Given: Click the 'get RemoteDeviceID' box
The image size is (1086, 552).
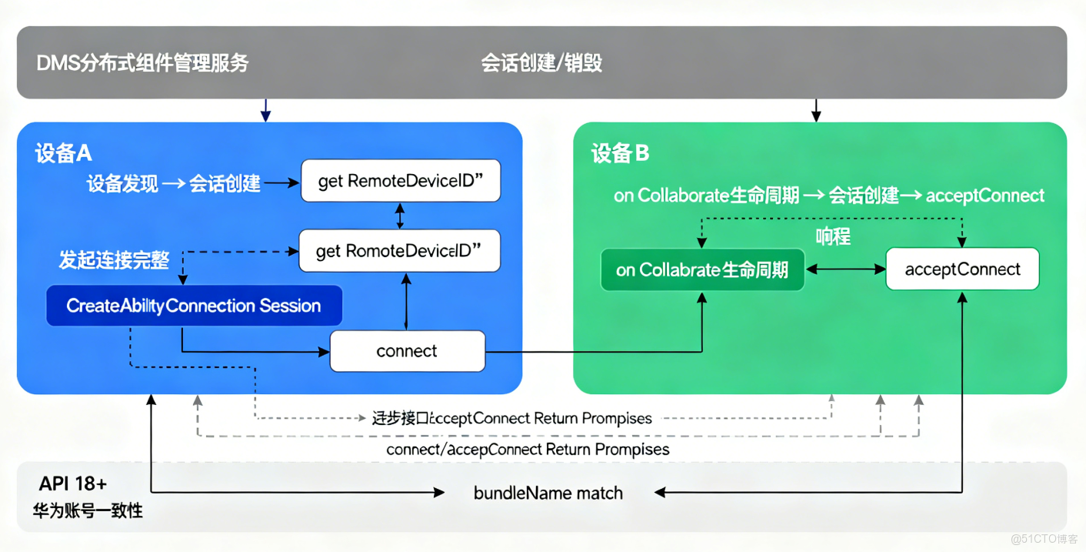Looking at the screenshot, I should click(x=401, y=182).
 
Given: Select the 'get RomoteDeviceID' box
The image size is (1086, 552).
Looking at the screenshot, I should click(x=399, y=251).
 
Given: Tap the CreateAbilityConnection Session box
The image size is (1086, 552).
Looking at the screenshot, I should click(x=194, y=306).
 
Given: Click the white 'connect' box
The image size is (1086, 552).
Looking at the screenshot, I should click(x=408, y=351).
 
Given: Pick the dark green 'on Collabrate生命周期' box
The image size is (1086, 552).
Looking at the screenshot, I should click(x=702, y=269).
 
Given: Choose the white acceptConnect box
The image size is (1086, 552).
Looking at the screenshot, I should click(x=962, y=269).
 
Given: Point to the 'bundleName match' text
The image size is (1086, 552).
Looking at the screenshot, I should click(x=548, y=493).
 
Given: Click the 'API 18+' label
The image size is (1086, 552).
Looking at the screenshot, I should click(x=73, y=483).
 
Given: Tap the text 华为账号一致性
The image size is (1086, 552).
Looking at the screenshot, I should click(x=88, y=510).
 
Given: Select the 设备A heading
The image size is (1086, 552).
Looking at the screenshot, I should click(x=63, y=154).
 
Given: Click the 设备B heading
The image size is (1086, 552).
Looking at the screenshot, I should click(x=620, y=154).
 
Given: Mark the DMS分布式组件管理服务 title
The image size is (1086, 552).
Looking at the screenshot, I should click(x=143, y=63).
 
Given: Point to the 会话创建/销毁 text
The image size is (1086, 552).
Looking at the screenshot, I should click(x=541, y=63).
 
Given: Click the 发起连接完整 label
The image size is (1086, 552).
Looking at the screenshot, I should click(x=114, y=259).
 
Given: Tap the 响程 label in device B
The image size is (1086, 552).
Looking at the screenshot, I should click(x=833, y=236).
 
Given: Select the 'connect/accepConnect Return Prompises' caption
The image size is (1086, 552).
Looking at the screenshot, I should click(x=528, y=449).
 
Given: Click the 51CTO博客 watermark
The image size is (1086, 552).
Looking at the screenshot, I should click(x=1044, y=538).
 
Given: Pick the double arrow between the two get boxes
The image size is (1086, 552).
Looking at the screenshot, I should click(x=400, y=216).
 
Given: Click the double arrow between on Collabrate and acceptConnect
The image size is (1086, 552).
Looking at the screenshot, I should click(x=845, y=269).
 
